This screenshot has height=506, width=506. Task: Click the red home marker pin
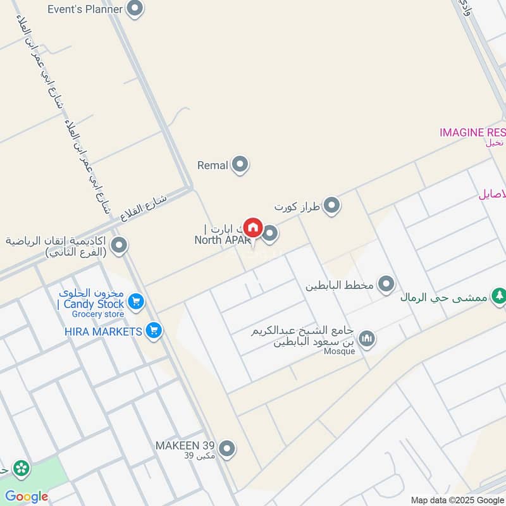[x=253, y=226]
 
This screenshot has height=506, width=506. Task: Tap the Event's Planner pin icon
[x=134, y=9]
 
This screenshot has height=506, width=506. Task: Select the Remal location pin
[x=240, y=165]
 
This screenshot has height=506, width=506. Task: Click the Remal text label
[x=213, y=166]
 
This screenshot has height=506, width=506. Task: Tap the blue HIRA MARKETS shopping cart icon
[x=153, y=330]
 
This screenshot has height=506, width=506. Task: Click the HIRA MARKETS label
[x=103, y=331]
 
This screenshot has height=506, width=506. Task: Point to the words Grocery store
[x=97, y=314]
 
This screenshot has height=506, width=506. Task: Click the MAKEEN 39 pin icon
[x=227, y=449]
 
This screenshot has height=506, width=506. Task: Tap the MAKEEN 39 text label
[x=185, y=445]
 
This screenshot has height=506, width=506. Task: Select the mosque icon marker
[x=367, y=340]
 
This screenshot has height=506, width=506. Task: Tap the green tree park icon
[x=500, y=295]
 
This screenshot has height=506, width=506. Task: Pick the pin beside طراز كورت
[x=331, y=205]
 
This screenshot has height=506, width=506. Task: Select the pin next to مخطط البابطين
[x=386, y=284]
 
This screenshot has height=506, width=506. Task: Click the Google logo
[x=27, y=497]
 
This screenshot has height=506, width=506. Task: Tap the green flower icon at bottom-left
[x=22, y=469]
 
